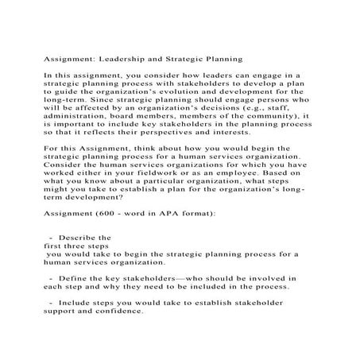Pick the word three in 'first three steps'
click(x=75, y=247)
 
